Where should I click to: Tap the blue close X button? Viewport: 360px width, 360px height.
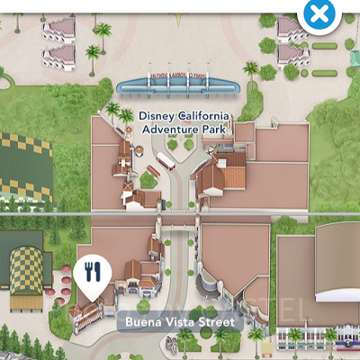[x=319, y=14]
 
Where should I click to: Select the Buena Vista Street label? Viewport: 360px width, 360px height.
[x=178, y=322]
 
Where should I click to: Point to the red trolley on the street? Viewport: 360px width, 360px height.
[x=166, y=163]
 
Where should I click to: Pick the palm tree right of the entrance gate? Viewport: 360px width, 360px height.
[x=251, y=69]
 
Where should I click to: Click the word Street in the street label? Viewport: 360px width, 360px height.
[x=216, y=322]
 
